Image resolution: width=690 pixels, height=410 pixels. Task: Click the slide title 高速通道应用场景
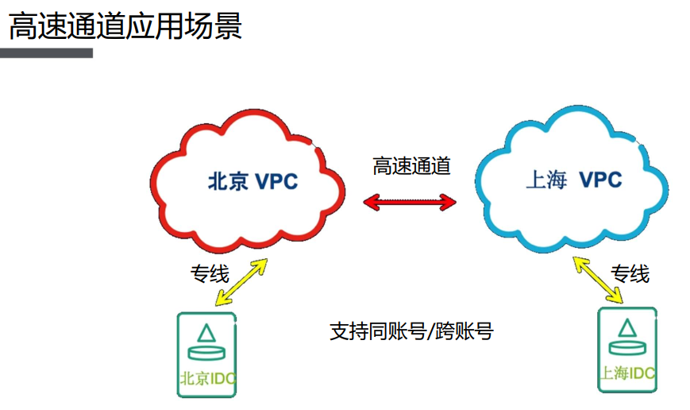pyautogui.click(x=125, y=26)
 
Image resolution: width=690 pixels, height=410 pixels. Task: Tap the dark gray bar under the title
pyautogui.click(x=46, y=53)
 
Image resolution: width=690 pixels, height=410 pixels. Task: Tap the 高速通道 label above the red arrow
pyautogui.click(x=411, y=166)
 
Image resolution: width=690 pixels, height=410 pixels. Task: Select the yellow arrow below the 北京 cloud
pyautogui.click(x=241, y=281)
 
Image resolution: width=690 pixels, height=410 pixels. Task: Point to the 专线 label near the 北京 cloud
pyautogui.click(x=209, y=275)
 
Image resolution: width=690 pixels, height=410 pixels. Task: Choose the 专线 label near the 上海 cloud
pyautogui.click(x=630, y=274)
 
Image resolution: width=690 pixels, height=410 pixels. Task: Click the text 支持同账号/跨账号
pyautogui.click(x=411, y=331)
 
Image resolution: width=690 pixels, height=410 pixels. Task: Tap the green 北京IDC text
pyautogui.click(x=208, y=378)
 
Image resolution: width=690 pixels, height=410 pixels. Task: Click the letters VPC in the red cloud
pyautogui.click(x=276, y=182)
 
